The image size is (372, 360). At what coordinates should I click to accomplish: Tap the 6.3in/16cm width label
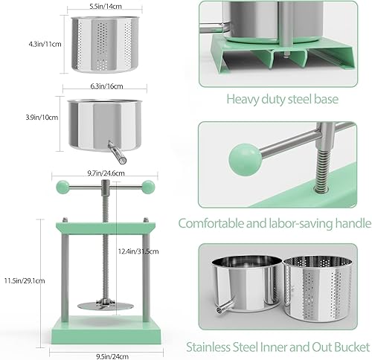click(106, 86)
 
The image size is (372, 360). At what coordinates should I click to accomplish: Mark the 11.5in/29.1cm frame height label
click(25, 280)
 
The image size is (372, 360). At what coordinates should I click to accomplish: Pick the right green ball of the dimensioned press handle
click(148, 186)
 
